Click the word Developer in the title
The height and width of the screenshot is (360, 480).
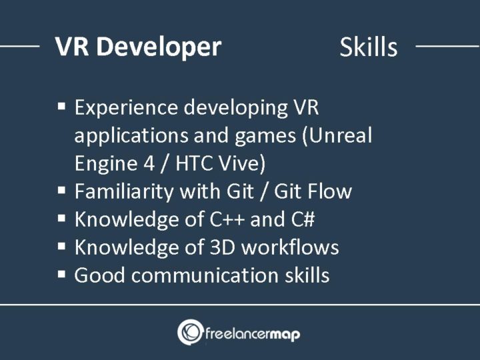(161, 47)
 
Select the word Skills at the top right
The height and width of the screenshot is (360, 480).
(368, 47)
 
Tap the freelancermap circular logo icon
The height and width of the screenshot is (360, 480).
(190, 331)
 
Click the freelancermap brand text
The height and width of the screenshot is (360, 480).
(254, 332)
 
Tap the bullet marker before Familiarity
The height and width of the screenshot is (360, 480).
(61, 191)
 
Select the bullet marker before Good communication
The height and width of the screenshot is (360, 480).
(61, 274)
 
